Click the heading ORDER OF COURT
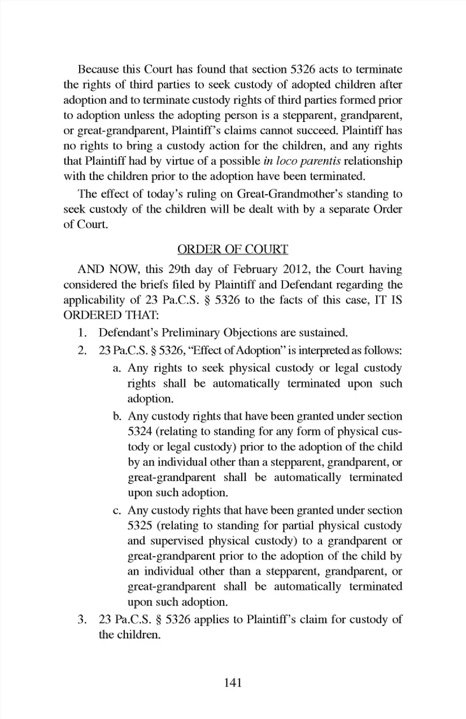pyautogui.click(x=233, y=249)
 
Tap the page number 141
pyautogui.click(x=233, y=683)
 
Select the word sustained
pyautogui.click(x=323, y=333)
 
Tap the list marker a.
pyautogui.click(x=116, y=368)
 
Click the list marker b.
pyautogui.click(x=116, y=416)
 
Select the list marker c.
pyautogui.click(x=116, y=510)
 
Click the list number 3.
pyautogui.click(x=83, y=620)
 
